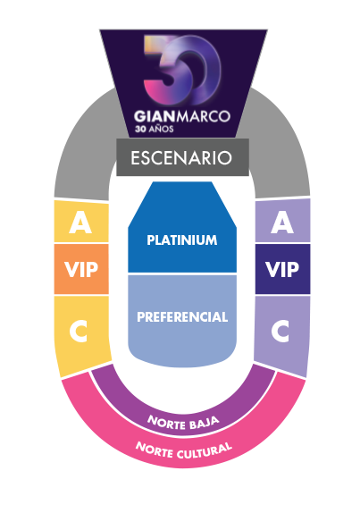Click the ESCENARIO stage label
(x=181, y=158)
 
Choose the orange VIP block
(x=81, y=269)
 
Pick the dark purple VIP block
(x=283, y=269)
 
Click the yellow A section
(x=81, y=222)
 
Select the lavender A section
(x=283, y=221)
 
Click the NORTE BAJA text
(x=183, y=423)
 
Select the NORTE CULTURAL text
(x=184, y=450)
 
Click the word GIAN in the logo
(x=155, y=116)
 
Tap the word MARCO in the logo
(x=204, y=116)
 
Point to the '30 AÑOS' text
(x=155, y=129)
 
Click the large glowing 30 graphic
(x=182, y=70)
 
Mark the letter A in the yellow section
(x=80, y=222)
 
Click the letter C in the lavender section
(x=280, y=331)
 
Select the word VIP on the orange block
(x=81, y=269)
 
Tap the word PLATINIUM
(x=182, y=240)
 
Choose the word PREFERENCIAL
(x=182, y=316)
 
